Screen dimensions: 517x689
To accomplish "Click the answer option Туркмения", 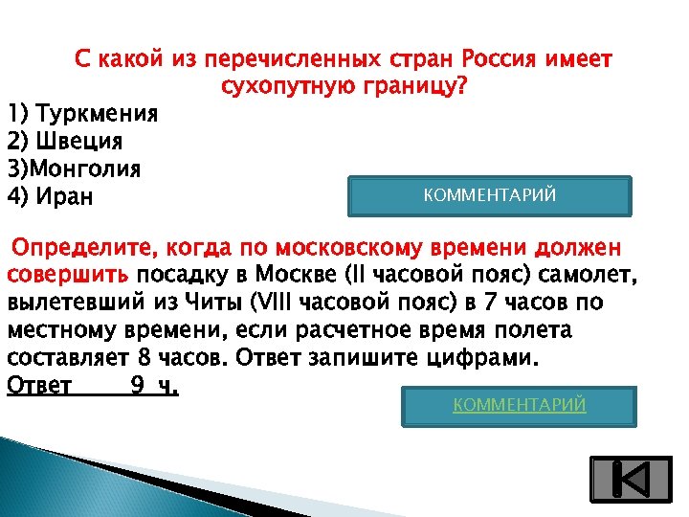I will (x=96, y=115).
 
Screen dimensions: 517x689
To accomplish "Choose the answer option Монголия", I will (x=85, y=169).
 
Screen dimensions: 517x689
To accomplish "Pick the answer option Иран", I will (x=73, y=197).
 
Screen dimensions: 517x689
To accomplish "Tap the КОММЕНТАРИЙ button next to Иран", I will (x=488, y=196).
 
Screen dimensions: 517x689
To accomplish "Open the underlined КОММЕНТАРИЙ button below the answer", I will (x=519, y=406).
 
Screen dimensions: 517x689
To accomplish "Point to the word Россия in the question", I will (x=500, y=59).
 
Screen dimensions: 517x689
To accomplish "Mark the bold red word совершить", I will (x=69, y=277).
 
